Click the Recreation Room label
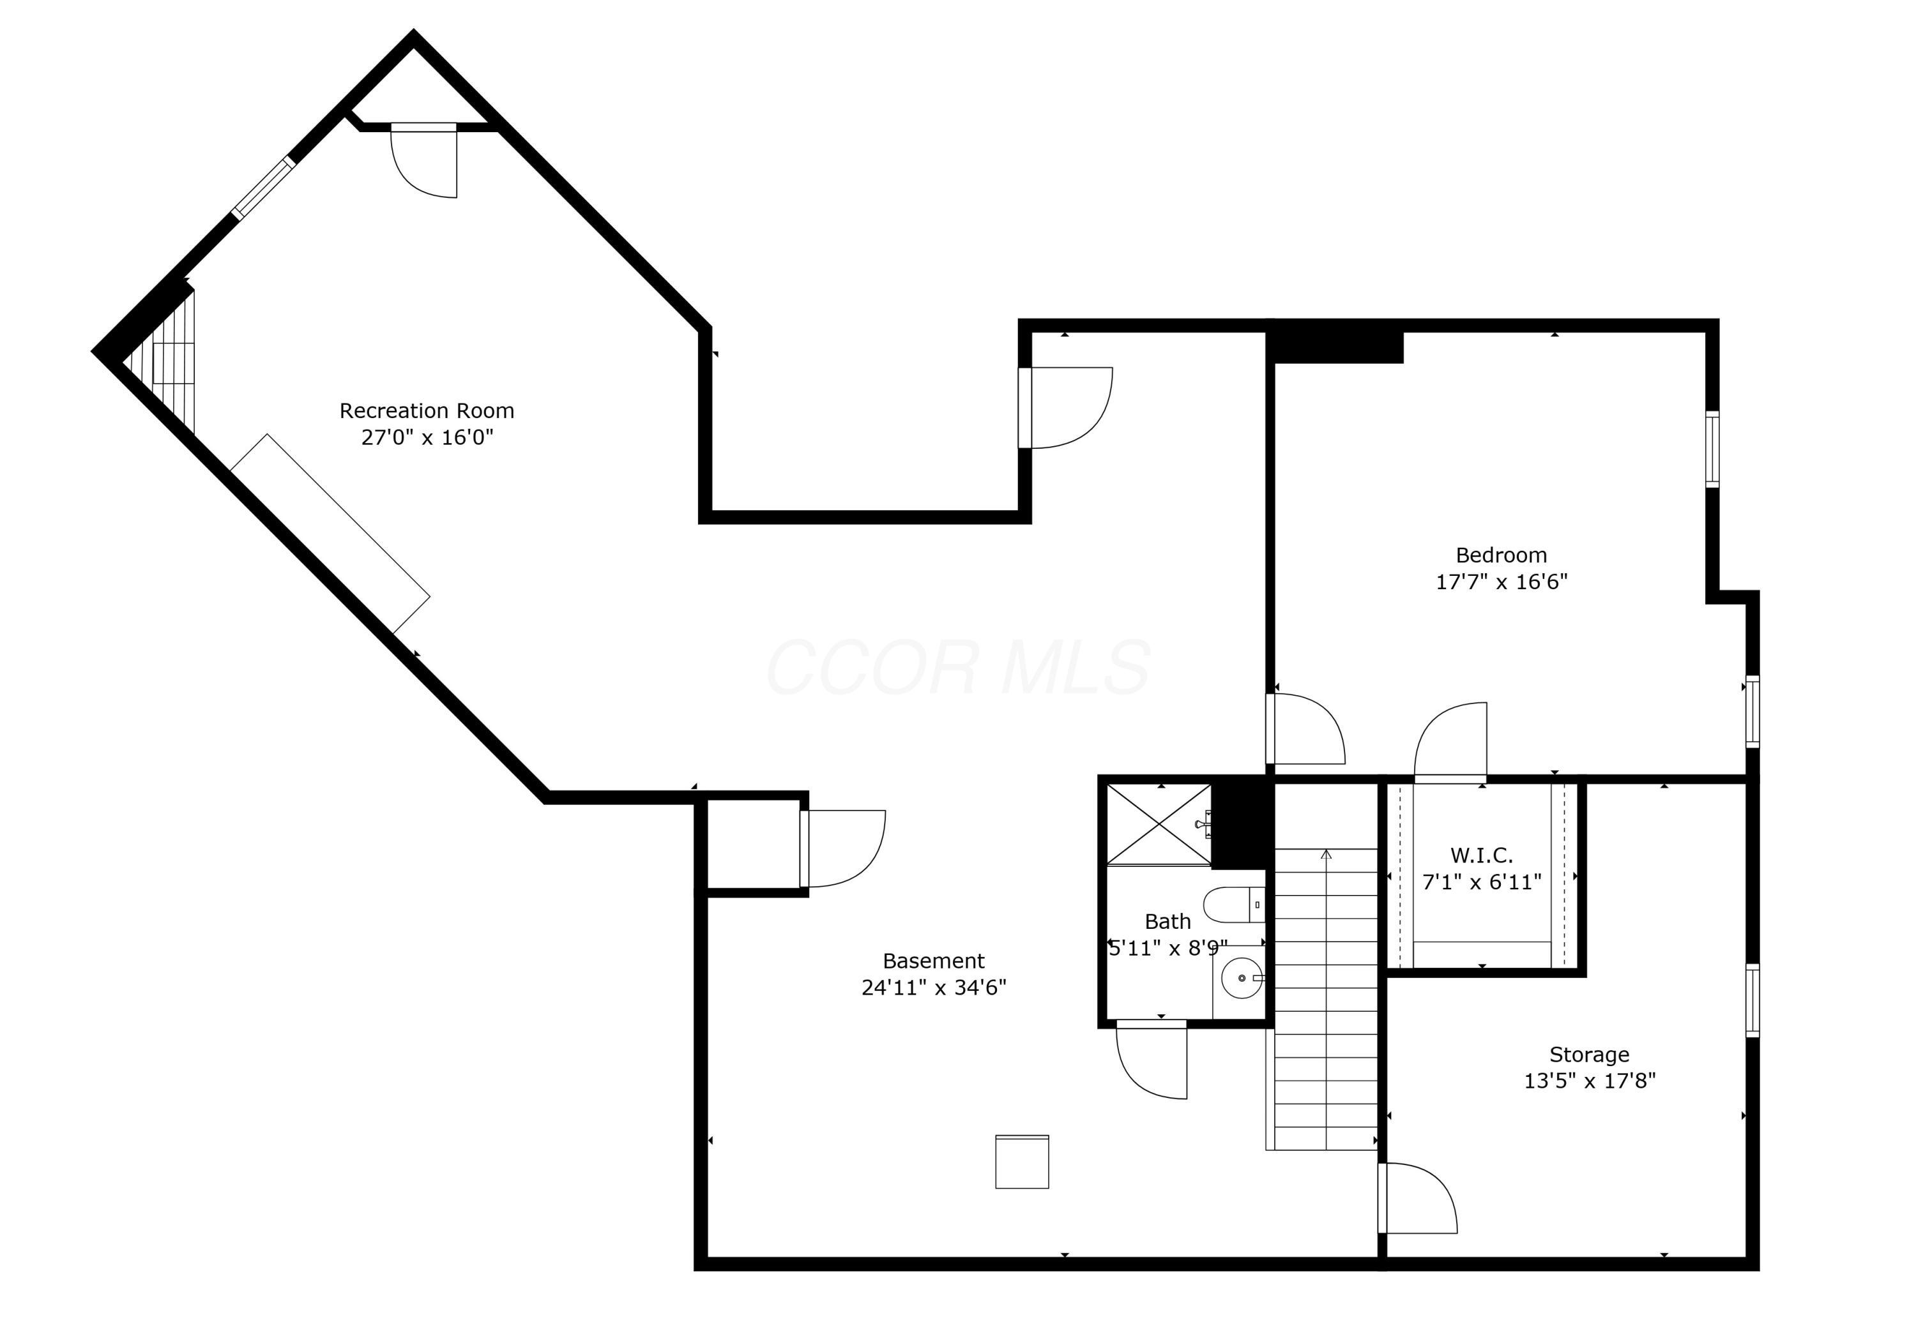tap(426, 411)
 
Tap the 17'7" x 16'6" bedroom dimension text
tap(1501, 582)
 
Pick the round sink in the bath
tap(1241, 977)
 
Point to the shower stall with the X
tap(1158, 824)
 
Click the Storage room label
tap(1588, 1054)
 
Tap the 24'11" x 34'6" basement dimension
tap(933, 988)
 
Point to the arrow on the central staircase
tap(1325, 855)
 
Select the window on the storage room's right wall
tap(1752, 1000)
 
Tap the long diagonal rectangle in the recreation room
tap(330, 534)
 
